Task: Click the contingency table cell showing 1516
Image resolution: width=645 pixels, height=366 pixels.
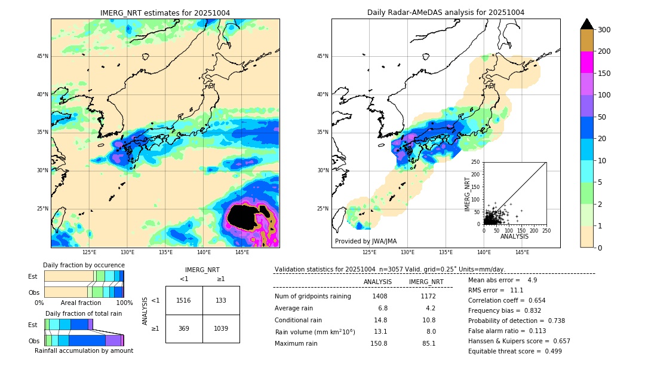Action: coord(184,300)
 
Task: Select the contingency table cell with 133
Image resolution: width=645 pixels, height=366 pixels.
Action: coord(221,300)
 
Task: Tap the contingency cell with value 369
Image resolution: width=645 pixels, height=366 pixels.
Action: coord(184,329)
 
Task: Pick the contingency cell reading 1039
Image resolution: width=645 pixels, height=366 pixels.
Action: coord(221,329)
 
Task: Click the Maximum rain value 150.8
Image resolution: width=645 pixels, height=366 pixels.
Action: coord(378,343)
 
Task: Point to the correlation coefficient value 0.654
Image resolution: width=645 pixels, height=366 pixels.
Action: coord(532,300)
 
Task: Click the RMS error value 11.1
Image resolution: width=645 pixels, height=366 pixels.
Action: coord(516,290)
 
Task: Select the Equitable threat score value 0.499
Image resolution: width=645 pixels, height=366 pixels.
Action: coord(549,351)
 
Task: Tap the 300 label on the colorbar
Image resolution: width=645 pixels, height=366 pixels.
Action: coord(604,29)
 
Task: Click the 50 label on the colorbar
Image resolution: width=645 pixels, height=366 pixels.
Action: coord(602,117)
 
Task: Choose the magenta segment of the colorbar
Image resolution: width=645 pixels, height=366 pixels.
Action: coord(586,62)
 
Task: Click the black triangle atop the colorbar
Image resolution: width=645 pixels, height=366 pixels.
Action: coord(586,24)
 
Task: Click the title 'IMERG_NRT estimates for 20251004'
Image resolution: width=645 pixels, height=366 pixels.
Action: coord(165,13)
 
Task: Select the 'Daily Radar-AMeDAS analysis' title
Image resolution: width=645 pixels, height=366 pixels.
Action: coord(446,13)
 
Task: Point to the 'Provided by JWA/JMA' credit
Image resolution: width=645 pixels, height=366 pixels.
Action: coord(365,241)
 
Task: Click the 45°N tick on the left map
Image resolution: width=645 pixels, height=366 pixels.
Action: coord(42,56)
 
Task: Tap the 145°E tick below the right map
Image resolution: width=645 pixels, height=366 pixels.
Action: coord(522,252)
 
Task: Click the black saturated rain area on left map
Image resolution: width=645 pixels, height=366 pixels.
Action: coord(245,217)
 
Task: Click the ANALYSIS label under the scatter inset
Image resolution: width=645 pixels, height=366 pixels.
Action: coord(514,236)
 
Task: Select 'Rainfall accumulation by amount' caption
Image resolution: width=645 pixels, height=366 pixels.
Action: coord(84,350)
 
